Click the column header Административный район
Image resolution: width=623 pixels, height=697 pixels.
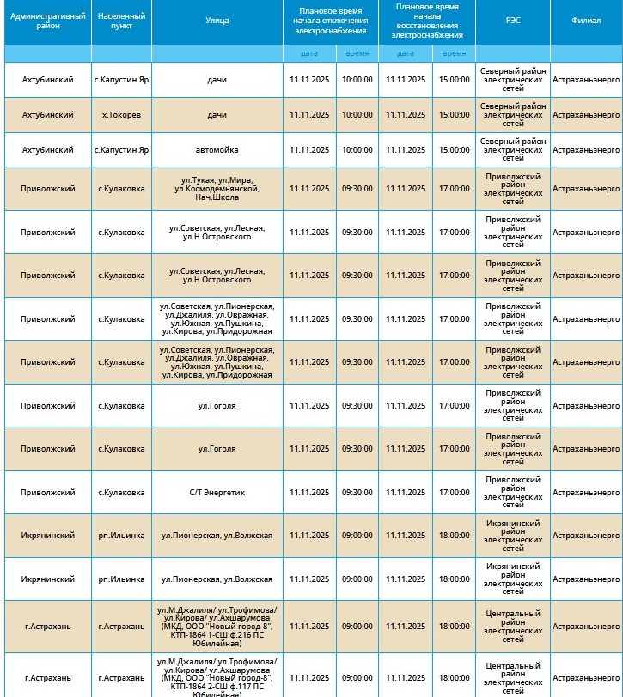(x=48, y=21)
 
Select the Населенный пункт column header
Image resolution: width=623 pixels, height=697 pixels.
(x=121, y=21)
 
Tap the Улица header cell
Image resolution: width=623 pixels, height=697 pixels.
(x=217, y=21)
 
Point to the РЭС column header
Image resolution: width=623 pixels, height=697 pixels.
(x=512, y=21)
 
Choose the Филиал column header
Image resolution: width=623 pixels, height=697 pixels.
(x=586, y=21)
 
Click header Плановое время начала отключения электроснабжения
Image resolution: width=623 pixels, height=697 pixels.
(x=331, y=21)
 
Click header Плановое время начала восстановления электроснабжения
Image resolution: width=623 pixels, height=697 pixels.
(x=426, y=21)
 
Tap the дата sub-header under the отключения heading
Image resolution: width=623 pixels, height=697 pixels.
(x=309, y=53)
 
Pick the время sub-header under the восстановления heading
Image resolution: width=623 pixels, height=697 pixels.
(x=454, y=53)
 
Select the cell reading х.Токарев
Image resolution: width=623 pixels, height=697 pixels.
(x=121, y=115)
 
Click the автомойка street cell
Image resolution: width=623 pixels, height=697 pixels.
(x=217, y=150)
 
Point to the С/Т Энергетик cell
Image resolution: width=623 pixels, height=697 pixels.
(x=217, y=493)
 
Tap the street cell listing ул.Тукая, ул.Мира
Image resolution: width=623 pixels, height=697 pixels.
(x=217, y=189)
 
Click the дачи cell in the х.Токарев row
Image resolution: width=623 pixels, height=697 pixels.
(x=217, y=115)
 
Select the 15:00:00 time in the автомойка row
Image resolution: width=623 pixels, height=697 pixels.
(x=454, y=150)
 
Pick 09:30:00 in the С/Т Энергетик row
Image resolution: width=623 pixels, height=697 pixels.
(x=357, y=493)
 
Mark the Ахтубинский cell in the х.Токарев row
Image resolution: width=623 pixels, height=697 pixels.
(x=48, y=115)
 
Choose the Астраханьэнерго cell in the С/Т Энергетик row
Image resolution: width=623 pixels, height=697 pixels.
(x=586, y=493)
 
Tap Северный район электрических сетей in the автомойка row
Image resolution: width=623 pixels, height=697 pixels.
(x=512, y=150)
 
